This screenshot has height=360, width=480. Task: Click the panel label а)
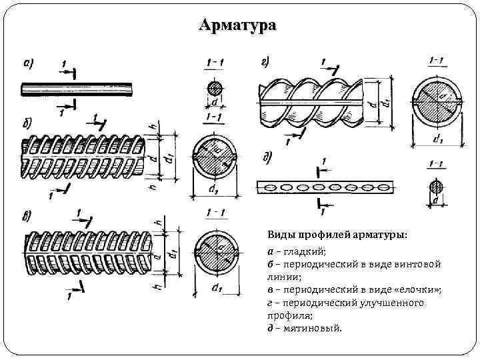coord(29,65)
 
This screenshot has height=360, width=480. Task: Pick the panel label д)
coord(267,158)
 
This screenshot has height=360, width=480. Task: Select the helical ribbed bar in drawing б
coord(83,156)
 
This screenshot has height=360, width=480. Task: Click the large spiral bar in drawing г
coord(311,101)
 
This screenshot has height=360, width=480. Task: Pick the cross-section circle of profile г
coord(437,102)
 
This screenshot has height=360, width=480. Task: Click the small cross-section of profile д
coord(437,186)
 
